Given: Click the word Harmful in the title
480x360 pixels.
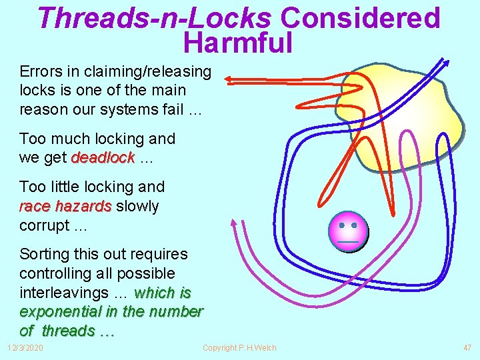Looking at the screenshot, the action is click(x=237, y=43).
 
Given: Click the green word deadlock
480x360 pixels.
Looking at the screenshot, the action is click(x=103, y=158).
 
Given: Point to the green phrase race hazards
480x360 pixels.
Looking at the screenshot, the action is click(x=65, y=206).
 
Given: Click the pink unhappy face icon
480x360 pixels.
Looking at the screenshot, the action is click(x=348, y=231).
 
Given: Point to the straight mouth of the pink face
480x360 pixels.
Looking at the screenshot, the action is click(x=349, y=240).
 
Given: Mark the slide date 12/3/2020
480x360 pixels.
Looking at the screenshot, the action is click(x=25, y=348).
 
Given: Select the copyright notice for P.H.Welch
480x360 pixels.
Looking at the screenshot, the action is click(x=239, y=348).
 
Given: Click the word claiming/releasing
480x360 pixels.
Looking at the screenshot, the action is click(x=147, y=71).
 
